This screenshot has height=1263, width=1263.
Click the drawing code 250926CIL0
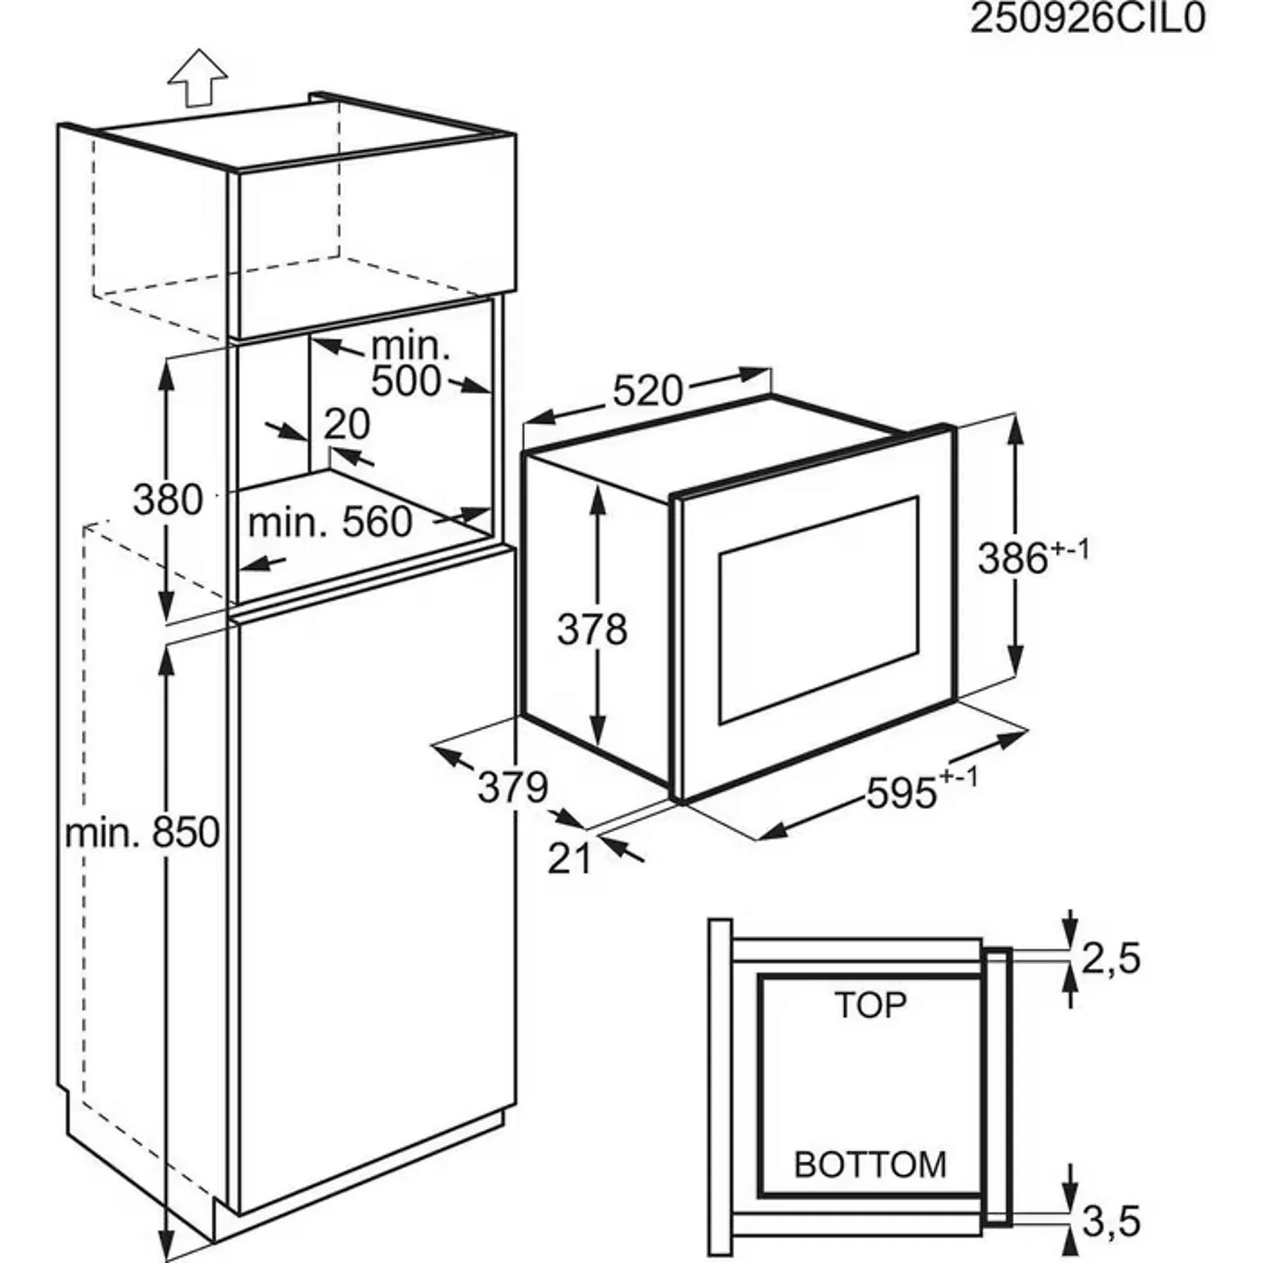pyautogui.click(x=1087, y=19)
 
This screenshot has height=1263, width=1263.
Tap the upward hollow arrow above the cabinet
pyautogui.click(x=199, y=76)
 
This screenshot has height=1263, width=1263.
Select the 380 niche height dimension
pyautogui.click(x=168, y=500)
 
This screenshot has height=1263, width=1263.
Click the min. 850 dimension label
pyautogui.click(x=142, y=833)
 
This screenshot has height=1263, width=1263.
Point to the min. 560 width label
pyautogui.click(x=330, y=523)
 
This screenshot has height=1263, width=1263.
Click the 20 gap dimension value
pyautogui.click(x=347, y=424)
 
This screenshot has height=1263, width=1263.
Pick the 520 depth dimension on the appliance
pyautogui.click(x=647, y=391)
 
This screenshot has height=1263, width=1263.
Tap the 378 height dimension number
pyautogui.click(x=592, y=629)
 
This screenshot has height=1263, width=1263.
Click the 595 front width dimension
pyautogui.click(x=902, y=794)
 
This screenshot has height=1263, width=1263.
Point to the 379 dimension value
pyautogui.click(x=512, y=787)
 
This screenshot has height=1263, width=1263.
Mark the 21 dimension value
pyautogui.click(x=569, y=859)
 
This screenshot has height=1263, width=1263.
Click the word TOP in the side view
pyautogui.click(x=871, y=1005)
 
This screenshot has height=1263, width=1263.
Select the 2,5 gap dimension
pyautogui.click(x=1111, y=959)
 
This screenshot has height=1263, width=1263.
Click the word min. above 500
pyautogui.click(x=409, y=346)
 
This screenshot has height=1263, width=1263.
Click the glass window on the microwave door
pyautogui.click(x=818, y=610)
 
